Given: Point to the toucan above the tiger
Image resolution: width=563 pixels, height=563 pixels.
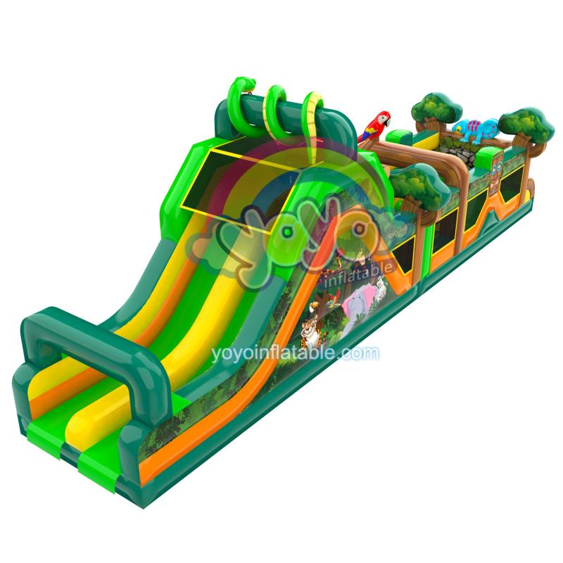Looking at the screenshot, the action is coord(313,308).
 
